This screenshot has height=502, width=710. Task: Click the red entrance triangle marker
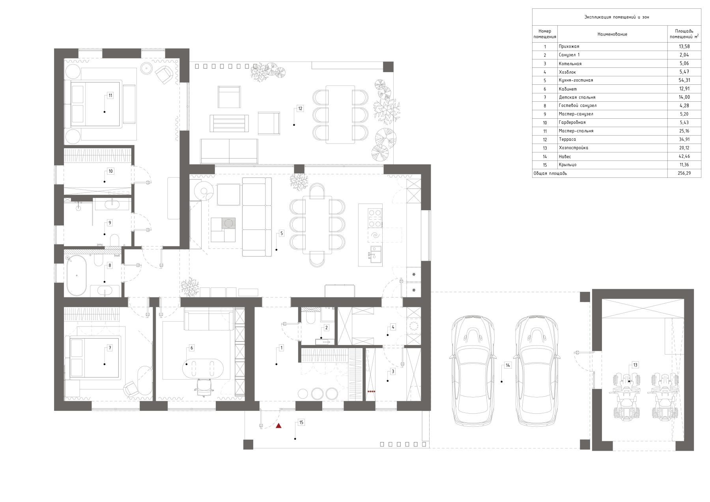coord(278,425)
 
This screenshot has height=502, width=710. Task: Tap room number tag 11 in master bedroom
coord(110,96)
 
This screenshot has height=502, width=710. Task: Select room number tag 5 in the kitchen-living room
coord(281,233)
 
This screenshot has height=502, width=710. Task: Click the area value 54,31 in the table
coord(684,80)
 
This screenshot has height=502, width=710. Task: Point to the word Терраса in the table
coord(567,139)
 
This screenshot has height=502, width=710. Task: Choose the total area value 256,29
coord(684,173)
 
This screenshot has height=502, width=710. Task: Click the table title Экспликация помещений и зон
coord(617,17)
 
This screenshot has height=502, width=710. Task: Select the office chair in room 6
coord(204,386)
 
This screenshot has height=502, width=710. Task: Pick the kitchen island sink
coord(376,254)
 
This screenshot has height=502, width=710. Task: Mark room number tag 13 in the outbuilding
coord(635,365)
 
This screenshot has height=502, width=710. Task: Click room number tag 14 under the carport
coord(508,366)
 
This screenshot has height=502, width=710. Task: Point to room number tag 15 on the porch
coord(301,422)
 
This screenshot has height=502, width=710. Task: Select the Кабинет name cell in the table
coord(568,89)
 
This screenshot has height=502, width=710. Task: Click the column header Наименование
coord(612,34)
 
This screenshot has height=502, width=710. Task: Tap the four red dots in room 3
coord(371,391)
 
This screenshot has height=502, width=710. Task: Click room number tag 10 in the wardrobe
coord(110,171)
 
